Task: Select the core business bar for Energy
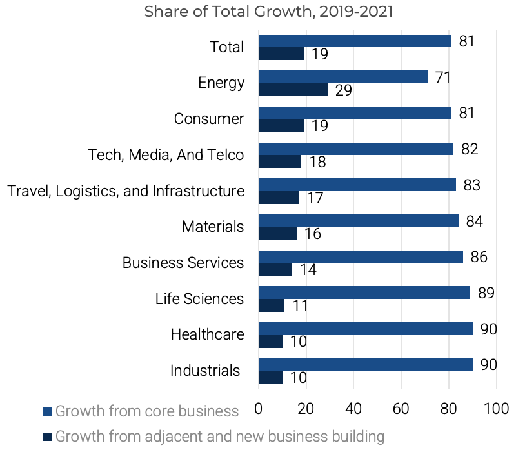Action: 343,77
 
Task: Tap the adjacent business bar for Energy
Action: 293,90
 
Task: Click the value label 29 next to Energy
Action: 343,90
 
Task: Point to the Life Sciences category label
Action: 199,298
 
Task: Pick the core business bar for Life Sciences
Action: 364,293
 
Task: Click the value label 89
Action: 486,293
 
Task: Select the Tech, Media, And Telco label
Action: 166,155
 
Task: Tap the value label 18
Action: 317,162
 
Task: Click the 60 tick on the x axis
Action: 401,409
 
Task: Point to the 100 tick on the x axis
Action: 497,409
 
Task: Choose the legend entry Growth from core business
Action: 147,411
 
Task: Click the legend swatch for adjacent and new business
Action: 47,437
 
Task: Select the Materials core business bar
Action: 359,221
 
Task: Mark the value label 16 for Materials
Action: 313,234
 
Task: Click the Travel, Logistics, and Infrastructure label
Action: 126,191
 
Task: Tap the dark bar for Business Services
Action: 275,269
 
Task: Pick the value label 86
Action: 479,257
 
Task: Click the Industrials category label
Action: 205,371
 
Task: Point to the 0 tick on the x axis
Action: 259,409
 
